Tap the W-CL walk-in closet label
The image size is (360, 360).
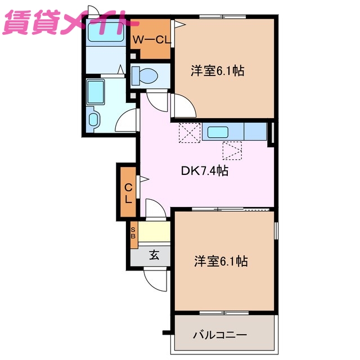click(x=152, y=39)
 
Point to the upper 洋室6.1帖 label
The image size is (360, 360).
click(x=217, y=71)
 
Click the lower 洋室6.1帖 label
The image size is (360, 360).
click(x=220, y=261)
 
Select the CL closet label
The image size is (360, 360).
click(x=128, y=192)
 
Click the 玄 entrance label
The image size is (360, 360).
click(x=154, y=254)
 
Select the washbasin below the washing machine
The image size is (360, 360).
click(x=93, y=119)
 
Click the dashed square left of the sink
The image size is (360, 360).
click(x=189, y=133)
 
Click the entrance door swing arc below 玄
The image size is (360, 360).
click(x=155, y=278)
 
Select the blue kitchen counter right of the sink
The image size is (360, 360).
click(x=255, y=132)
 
